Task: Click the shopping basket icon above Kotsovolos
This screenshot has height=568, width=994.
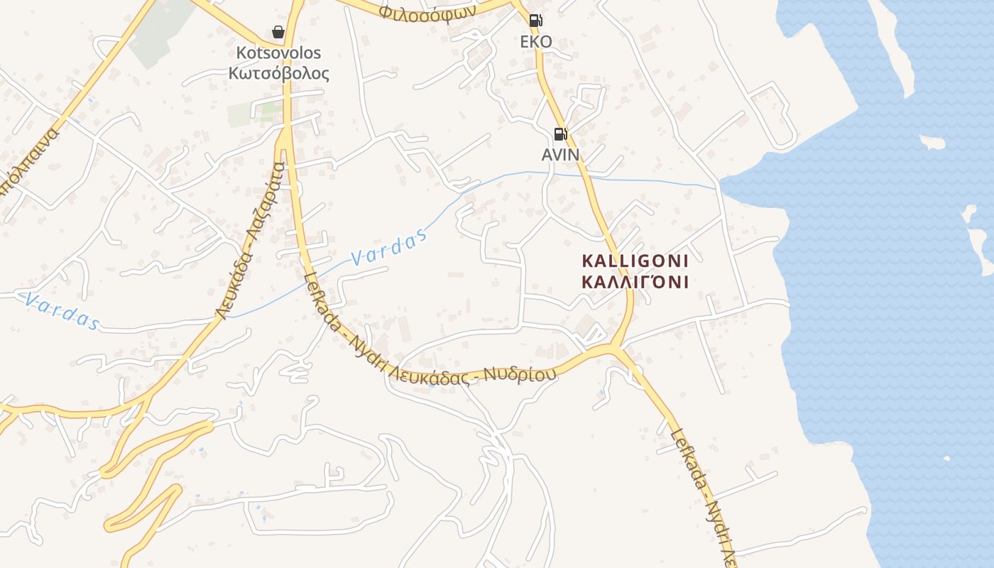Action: (x=278, y=32)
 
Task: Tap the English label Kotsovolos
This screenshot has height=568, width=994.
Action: (x=278, y=53)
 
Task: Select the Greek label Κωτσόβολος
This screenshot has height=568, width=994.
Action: (x=278, y=73)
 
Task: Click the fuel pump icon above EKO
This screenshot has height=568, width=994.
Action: (x=536, y=21)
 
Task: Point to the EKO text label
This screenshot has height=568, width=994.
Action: (x=536, y=42)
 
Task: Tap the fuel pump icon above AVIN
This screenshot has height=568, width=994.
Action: (x=560, y=133)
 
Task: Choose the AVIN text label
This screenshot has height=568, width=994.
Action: (x=560, y=154)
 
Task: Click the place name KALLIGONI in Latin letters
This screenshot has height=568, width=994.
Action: (x=635, y=261)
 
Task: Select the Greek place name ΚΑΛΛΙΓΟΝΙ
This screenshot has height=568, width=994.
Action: (x=635, y=282)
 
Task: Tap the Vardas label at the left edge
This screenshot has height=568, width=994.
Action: (x=60, y=311)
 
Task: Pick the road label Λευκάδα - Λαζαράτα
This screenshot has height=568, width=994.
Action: (x=251, y=241)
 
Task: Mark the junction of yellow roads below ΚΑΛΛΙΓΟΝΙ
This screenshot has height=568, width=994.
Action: (x=615, y=349)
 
